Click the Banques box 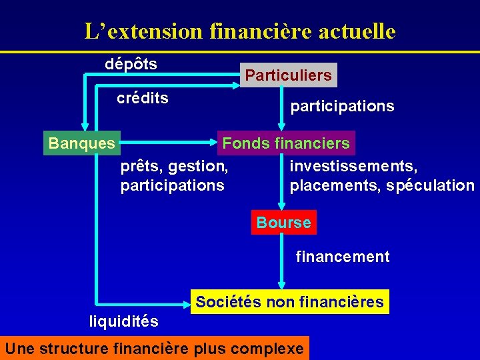[82, 143]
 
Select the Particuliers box [288, 75]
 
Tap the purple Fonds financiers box [286, 143]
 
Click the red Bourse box [283, 223]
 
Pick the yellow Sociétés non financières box [289, 302]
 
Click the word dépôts [131, 64]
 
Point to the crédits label [143, 99]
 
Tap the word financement [343, 257]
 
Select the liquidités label [124, 321]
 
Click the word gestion [199, 165]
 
